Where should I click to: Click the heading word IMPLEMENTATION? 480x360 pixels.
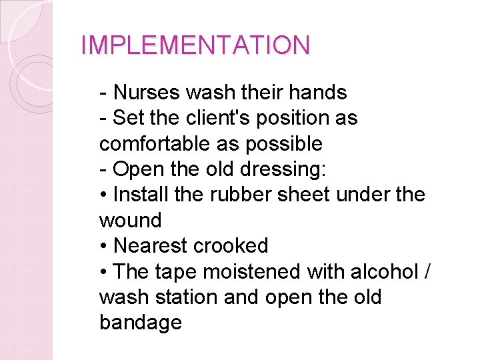(x=195, y=46)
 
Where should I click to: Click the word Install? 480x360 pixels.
(x=141, y=195)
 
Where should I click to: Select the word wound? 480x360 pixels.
(x=131, y=220)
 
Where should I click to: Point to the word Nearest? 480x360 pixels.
(x=151, y=245)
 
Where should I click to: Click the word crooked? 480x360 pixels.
(x=231, y=245)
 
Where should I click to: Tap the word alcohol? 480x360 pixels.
(x=382, y=271)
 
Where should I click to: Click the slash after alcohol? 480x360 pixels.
(x=426, y=271)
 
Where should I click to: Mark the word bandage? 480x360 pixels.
(x=141, y=323)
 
